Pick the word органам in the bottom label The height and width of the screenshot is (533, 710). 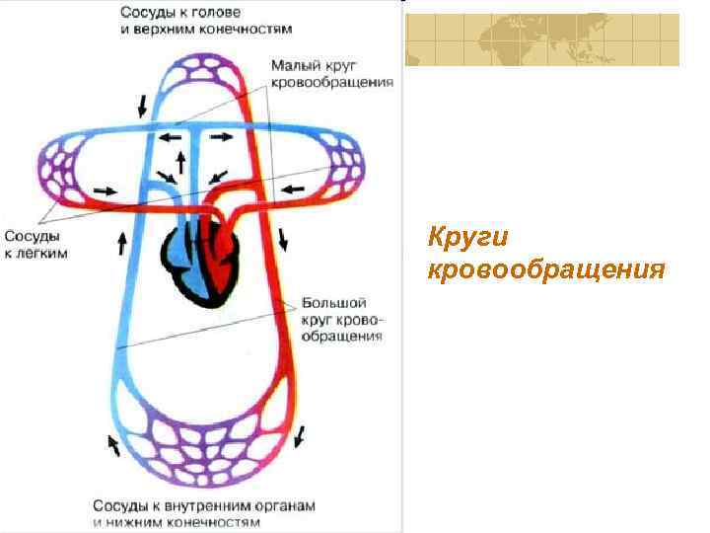282,505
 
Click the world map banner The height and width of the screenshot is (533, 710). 541,39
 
